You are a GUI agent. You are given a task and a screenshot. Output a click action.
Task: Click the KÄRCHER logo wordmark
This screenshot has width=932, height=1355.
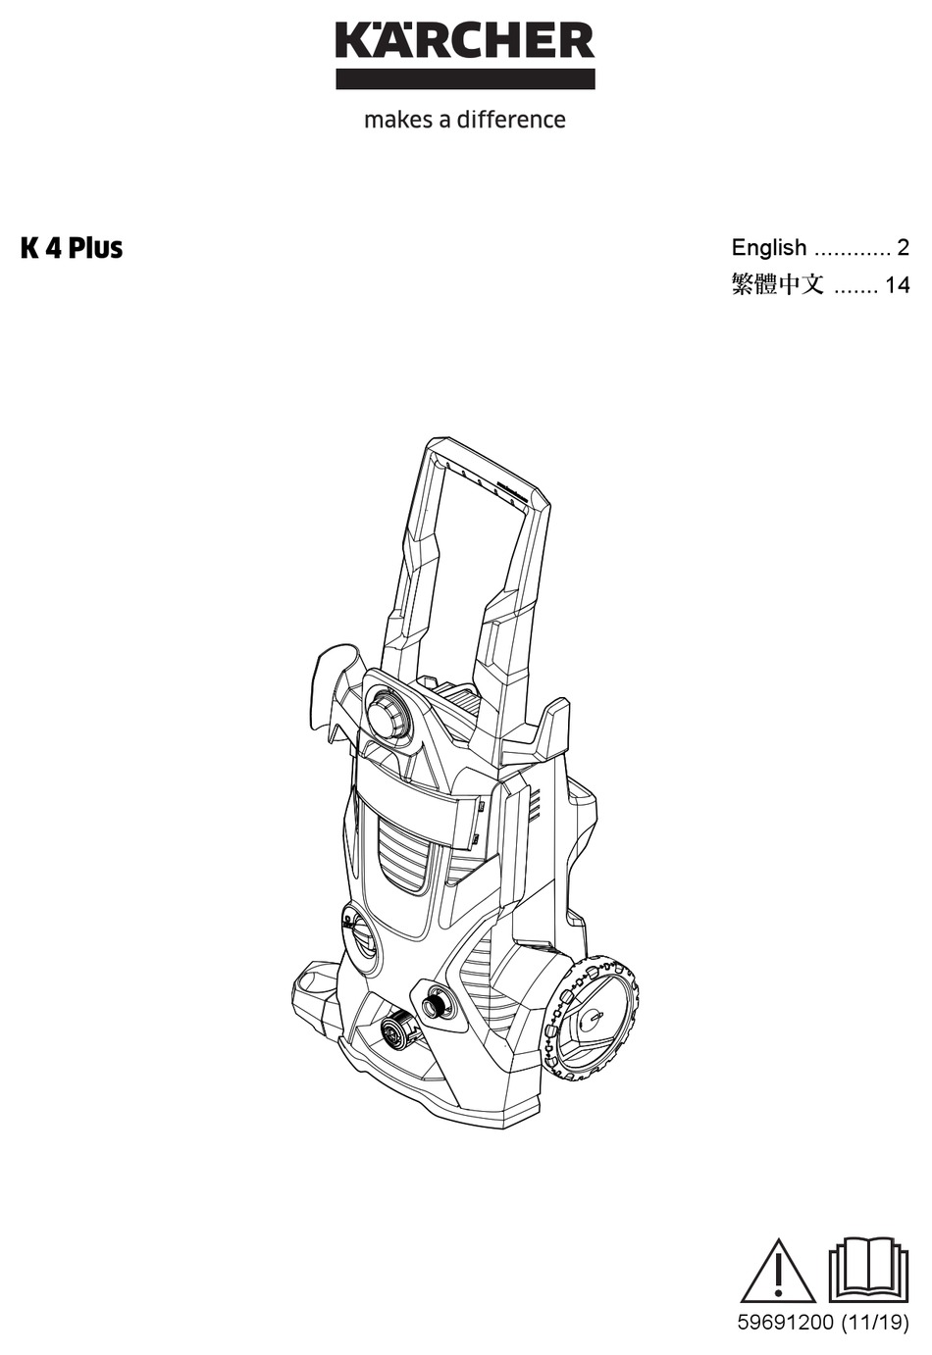(465, 40)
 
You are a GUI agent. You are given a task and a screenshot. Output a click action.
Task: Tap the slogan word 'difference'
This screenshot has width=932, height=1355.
(511, 120)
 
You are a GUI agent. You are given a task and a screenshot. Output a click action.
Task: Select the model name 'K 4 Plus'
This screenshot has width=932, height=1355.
(72, 248)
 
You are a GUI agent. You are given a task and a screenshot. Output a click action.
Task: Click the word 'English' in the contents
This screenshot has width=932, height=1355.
(769, 248)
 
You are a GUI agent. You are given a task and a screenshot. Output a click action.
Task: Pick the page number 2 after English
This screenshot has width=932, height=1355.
(903, 248)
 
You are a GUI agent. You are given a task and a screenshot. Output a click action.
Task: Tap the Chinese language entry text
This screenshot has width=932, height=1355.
(777, 285)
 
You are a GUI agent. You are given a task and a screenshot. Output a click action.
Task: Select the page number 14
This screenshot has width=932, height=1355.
(897, 285)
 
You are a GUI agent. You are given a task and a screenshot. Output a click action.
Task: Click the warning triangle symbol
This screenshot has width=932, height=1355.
(777, 1272)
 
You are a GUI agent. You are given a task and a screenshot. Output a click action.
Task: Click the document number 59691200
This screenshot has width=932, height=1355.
(784, 1324)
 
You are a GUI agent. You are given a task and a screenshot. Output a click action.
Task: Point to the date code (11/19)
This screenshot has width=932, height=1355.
(874, 1324)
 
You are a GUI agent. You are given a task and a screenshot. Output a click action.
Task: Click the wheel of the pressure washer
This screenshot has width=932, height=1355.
(590, 1021)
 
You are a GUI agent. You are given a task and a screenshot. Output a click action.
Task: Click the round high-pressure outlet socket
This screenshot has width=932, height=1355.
(435, 1004)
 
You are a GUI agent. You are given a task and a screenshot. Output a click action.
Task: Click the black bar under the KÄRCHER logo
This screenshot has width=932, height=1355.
(465, 79)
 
